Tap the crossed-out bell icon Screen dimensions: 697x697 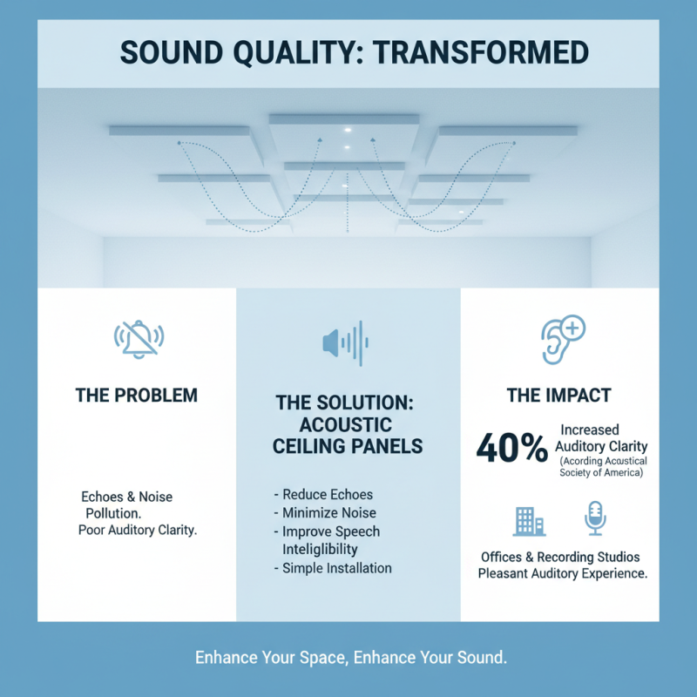[x=139, y=339]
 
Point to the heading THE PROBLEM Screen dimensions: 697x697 [x=137, y=396]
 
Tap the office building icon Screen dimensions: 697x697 [x=529, y=519]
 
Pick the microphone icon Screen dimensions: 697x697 [x=595, y=518]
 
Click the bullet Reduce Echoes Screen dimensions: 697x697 [x=322, y=495]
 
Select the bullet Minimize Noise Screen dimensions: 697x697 [x=324, y=513]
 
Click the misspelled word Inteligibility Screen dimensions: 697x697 [x=321, y=550]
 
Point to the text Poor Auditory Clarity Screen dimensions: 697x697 [x=138, y=531]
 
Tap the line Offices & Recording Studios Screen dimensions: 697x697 [x=560, y=557]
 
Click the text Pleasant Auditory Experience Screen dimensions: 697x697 [x=562, y=574]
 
